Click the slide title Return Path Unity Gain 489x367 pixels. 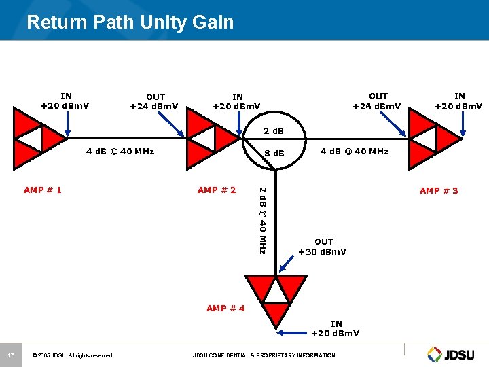130,22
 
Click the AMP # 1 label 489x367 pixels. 42,190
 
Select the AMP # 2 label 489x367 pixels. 217,190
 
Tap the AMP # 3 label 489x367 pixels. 439,190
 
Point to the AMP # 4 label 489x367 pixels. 225,308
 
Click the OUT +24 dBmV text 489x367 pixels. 156,101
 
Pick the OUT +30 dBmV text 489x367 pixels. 323,247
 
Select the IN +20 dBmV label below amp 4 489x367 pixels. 336,328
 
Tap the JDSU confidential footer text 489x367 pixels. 264,355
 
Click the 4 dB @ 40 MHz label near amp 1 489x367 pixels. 120,151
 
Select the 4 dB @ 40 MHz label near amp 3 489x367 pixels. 354,151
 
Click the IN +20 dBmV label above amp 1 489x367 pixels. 65,101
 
